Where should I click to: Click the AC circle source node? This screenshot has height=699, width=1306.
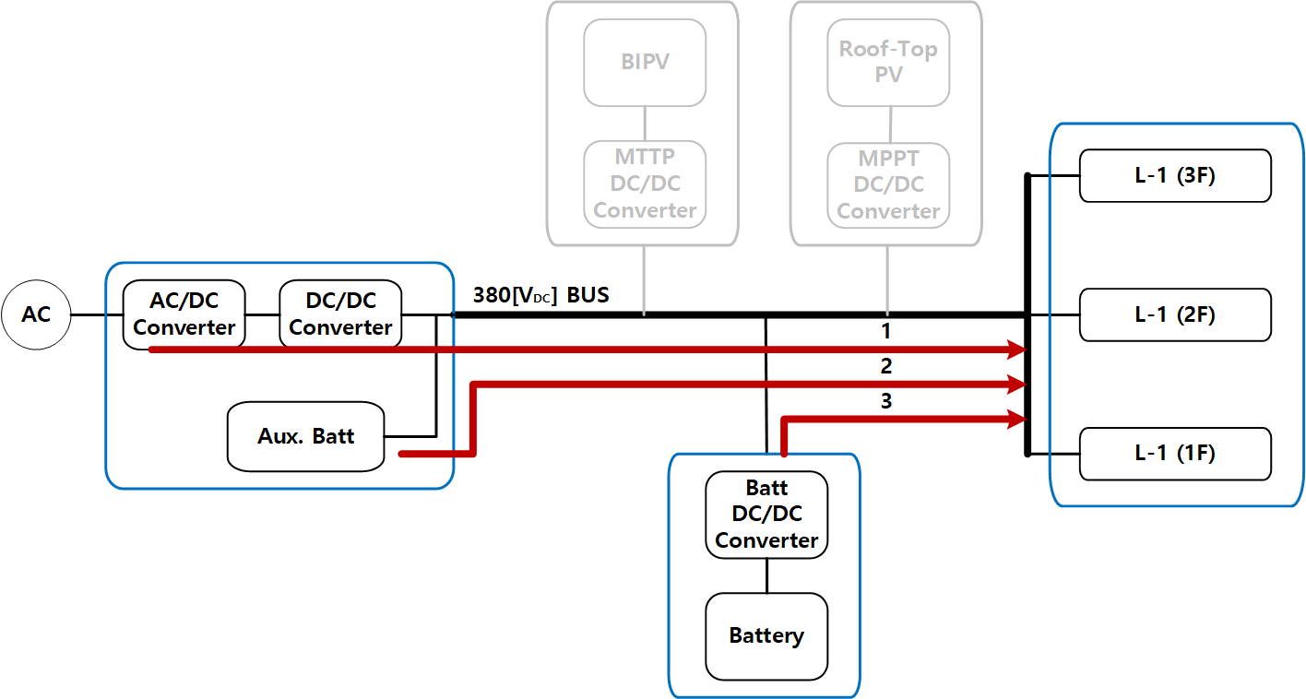tap(36, 314)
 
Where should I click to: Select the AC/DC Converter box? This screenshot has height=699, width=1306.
tap(184, 314)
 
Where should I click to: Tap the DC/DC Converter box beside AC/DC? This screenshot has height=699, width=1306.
tap(340, 314)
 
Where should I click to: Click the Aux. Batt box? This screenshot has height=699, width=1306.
tap(305, 436)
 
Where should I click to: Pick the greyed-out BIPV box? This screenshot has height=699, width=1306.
tap(645, 62)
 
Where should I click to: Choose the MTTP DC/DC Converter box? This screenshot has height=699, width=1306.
tap(645, 184)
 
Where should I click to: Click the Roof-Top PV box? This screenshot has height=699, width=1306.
tap(888, 62)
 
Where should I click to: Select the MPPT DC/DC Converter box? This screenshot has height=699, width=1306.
tap(888, 184)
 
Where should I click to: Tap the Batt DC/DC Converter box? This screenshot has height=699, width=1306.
tap(766, 514)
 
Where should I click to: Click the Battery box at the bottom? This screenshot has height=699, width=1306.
tap(766, 635)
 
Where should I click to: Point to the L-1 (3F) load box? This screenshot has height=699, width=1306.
tap(1175, 175)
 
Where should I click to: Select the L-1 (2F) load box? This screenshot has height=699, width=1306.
tap(1175, 314)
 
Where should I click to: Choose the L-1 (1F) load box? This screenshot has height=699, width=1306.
tap(1175, 454)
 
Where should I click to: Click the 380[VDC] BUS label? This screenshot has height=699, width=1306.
tap(540, 296)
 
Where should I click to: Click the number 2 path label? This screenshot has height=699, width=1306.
tap(886, 367)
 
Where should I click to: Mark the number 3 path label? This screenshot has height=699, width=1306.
tap(886, 402)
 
